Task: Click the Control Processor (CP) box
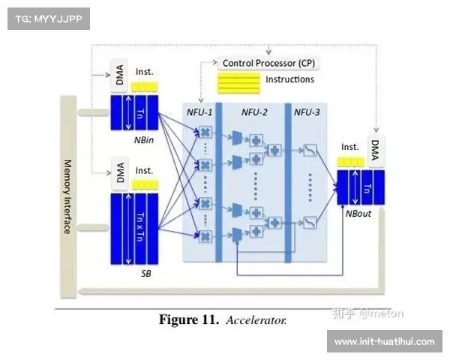click(267, 63)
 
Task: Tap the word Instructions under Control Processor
click(289, 79)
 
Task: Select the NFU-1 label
click(199, 112)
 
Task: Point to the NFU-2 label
click(253, 112)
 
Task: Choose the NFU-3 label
click(306, 112)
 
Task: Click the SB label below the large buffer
click(145, 273)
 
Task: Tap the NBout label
click(357, 212)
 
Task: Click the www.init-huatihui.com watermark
click(384, 342)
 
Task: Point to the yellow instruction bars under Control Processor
click(238, 82)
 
